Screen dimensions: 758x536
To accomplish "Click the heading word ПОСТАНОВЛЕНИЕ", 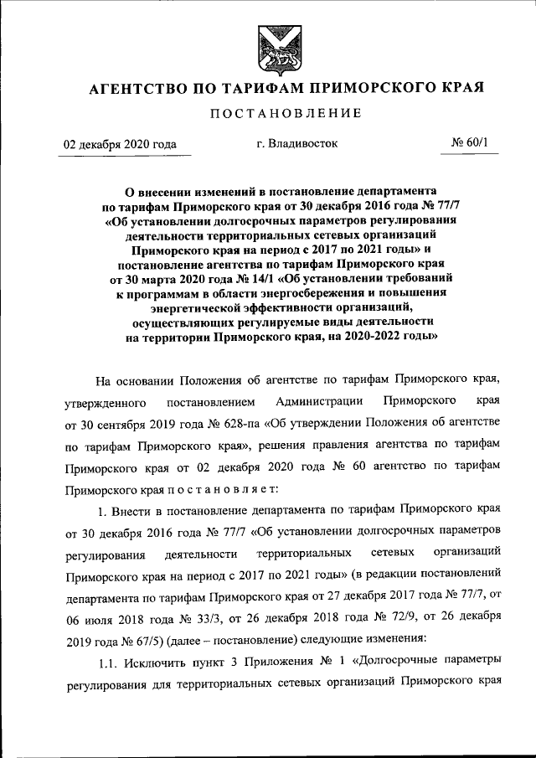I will [267, 113].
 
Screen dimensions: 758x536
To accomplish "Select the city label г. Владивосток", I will [297, 143].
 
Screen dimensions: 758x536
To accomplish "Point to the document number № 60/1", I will [474, 143].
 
